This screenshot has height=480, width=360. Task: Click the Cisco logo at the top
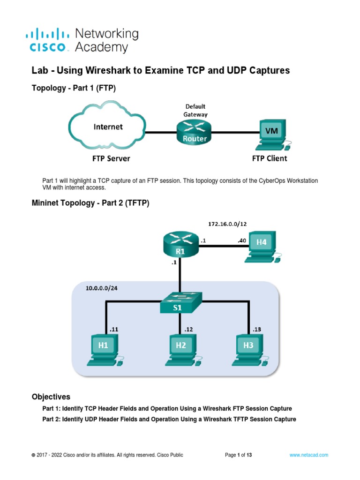tap(50, 40)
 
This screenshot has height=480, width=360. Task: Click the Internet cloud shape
tap(108, 127)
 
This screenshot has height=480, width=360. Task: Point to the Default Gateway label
tap(195, 110)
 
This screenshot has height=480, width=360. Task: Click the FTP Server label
tap(111, 158)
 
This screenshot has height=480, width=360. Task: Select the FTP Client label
tap(270, 158)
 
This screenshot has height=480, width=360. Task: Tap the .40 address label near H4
tap(241, 240)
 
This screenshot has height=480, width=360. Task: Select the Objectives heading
tap(51, 397)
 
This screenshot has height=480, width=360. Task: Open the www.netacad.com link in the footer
tap(309, 455)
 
